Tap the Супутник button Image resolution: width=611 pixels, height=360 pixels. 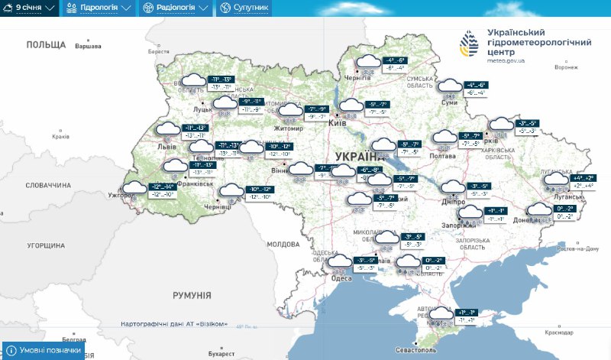pyautogui.click(x=245, y=8)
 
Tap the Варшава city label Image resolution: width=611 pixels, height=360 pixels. pyautogui.click(x=88, y=47)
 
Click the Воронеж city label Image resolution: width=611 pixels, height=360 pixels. pyautogui.click(x=566, y=67)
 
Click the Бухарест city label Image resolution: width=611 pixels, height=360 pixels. pyautogui.click(x=221, y=354)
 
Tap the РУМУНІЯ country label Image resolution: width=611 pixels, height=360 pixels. pyautogui.click(x=191, y=296)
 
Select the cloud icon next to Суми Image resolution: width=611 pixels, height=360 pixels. pyautogui.click(x=450, y=87)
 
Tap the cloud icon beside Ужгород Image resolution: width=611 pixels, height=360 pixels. pyautogui.click(x=134, y=188)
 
